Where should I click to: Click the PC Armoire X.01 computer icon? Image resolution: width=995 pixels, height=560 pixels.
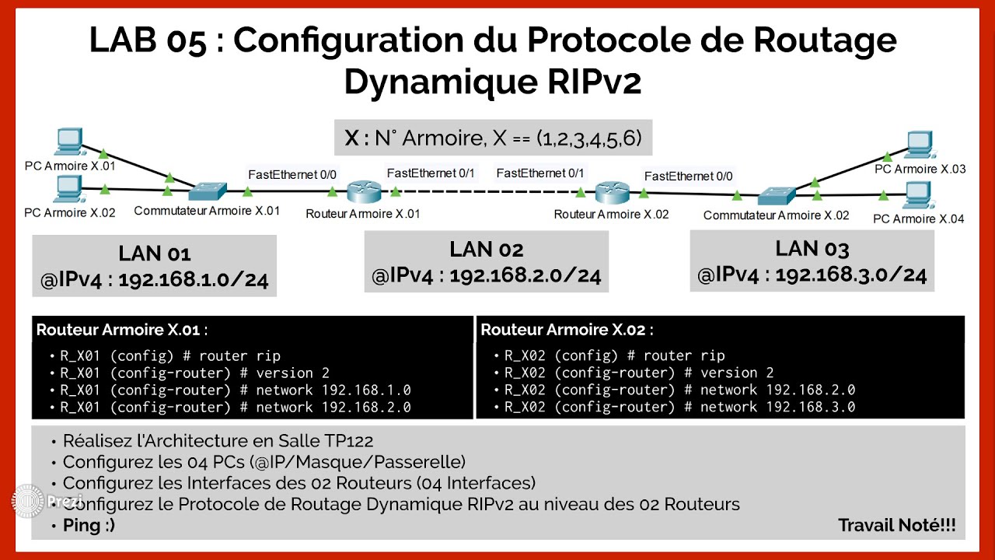(x=69, y=141)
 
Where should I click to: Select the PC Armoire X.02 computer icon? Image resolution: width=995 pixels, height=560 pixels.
(x=69, y=187)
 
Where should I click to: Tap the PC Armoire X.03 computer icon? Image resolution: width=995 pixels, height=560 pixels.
(x=920, y=144)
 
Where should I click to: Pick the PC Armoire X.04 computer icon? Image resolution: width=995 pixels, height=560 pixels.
(x=920, y=193)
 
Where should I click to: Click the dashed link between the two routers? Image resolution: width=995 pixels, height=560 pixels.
(x=487, y=191)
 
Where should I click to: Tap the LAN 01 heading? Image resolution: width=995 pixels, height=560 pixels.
(x=155, y=254)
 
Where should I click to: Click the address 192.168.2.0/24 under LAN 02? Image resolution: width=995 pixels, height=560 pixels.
(x=525, y=276)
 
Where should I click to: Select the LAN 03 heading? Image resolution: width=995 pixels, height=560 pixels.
(x=812, y=249)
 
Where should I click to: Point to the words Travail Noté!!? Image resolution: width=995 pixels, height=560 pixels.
(x=896, y=526)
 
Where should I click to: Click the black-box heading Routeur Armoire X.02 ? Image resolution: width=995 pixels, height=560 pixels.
(x=567, y=330)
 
